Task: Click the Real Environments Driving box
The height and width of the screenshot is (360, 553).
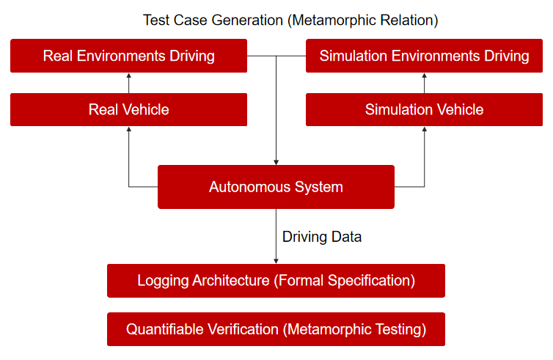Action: pos(129,56)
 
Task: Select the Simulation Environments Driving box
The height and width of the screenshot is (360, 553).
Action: pos(424,56)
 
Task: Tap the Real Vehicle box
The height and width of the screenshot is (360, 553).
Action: pos(129,109)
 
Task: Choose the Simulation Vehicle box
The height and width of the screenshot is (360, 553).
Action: pos(424,109)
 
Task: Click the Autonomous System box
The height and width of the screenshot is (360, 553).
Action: pos(276,187)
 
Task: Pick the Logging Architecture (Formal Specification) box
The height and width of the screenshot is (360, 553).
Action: pos(276,281)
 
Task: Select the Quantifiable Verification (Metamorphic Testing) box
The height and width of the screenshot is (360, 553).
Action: pos(276,329)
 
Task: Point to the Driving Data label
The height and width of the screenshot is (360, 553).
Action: pos(322,237)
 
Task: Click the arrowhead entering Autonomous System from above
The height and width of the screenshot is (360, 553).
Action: pos(276,162)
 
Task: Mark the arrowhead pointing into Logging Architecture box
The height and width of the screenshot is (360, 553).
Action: pos(276,261)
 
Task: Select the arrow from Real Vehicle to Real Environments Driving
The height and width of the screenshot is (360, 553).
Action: pos(129,83)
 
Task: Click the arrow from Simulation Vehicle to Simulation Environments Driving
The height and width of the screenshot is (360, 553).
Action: pos(424,83)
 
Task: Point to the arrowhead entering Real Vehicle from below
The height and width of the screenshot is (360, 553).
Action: pos(129,129)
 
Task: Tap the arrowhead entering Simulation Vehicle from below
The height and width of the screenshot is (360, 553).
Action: pos(424,129)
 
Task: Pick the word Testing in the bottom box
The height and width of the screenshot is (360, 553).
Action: pos(400,329)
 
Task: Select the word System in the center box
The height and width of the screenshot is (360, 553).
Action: pos(319,187)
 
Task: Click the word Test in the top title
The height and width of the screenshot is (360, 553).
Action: pos(156,21)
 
